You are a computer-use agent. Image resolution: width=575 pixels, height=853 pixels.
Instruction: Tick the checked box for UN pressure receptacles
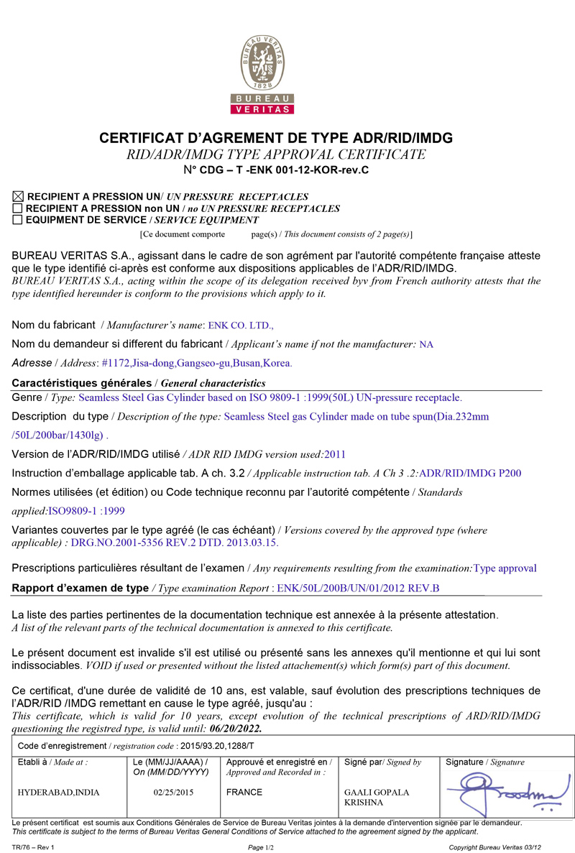[x=18, y=196]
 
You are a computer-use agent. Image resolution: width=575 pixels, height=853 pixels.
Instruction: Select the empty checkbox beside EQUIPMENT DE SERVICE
[x=18, y=220]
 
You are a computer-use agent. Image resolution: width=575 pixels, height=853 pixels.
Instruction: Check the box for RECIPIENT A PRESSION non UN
[x=18, y=208]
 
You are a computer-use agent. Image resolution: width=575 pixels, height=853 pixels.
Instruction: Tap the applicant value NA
[x=426, y=344]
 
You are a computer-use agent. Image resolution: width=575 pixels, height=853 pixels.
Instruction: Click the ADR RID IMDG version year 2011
[x=335, y=453]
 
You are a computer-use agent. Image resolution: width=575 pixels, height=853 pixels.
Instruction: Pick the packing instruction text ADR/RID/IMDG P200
[x=470, y=473]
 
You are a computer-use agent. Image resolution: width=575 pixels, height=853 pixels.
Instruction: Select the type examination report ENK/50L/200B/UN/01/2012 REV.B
[x=358, y=588]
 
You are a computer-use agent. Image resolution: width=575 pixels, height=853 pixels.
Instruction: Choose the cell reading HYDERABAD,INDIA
[x=59, y=793]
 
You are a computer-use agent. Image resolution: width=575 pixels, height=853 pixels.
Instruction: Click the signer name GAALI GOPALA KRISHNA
[x=377, y=797]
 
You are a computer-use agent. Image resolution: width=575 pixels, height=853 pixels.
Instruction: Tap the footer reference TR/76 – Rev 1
[x=34, y=847]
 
